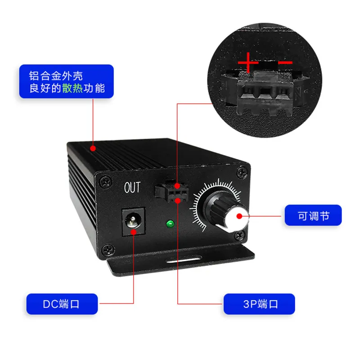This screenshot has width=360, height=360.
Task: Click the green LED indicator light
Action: click(170, 224)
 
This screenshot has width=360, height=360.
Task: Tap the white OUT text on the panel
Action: click(132, 187)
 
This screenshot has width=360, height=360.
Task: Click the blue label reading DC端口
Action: click(62, 304)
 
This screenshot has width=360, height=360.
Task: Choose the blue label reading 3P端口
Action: click(259, 304)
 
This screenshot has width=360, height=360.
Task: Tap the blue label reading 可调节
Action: click(313, 215)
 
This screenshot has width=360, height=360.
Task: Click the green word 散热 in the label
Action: click(72, 88)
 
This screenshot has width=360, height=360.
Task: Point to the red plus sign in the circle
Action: click(248, 62)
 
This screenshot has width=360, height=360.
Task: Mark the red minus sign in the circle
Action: click(285, 62)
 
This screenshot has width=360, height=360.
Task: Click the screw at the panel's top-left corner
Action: click(106, 182)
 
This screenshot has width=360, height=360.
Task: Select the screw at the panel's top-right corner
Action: click(242, 172)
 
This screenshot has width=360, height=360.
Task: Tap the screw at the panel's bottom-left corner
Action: click(108, 250)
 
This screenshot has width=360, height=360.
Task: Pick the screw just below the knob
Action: click(240, 235)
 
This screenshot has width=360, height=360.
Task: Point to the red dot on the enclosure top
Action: click(93, 148)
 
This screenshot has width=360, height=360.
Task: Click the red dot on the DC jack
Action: click(133, 232)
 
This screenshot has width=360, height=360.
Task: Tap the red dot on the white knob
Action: click(239, 216)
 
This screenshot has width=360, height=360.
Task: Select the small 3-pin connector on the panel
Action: click(172, 191)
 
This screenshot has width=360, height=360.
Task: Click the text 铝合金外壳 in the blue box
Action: click(56, 76)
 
